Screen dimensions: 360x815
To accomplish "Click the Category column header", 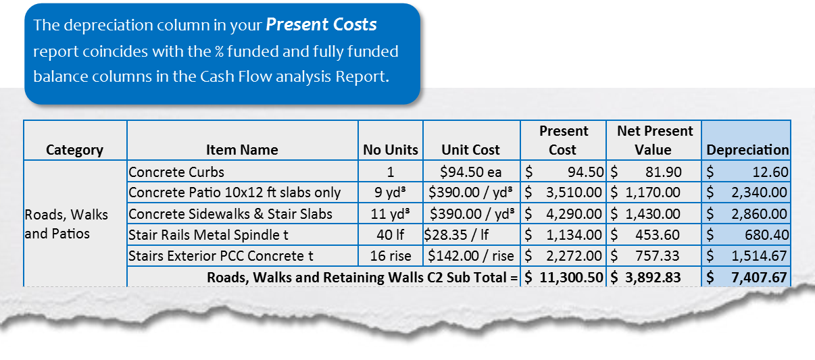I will [74, 150].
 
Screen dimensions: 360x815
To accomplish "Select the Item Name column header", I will [241, 150].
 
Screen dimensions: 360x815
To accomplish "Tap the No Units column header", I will [391, 150].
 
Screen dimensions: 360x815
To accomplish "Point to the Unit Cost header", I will [470, 150].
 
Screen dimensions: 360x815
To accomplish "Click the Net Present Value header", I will [654, 140].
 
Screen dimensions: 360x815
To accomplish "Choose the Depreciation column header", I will [747, 150].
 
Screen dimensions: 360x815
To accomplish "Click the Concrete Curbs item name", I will [176, 172].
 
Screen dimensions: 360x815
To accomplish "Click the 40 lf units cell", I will [391, 236].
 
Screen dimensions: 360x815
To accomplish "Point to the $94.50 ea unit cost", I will [470, 172].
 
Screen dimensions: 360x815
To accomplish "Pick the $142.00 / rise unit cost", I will [470, 257].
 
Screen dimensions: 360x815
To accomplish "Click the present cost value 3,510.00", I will [574, 192].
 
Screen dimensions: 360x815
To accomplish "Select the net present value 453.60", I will [656, 236].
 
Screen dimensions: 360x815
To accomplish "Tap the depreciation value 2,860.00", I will [759, 214].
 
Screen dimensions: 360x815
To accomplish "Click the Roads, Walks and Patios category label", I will [66, 225].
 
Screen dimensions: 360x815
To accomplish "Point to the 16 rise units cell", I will [391, 257].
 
